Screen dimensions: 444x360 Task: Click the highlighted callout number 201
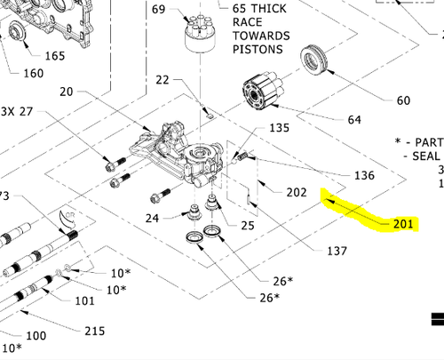(403, 224)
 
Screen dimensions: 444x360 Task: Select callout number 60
(403, 100)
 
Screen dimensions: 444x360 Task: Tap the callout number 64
(354, 120)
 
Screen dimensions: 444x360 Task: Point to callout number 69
(158, 9)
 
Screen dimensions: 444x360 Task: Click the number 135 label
(279, 128)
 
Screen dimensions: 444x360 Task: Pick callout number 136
(364, 175)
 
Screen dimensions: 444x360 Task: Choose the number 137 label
(337, 252)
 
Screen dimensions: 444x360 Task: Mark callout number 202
(297, 193)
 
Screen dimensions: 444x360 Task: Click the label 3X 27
(17, 112)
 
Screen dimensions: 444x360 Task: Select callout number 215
(95, 331)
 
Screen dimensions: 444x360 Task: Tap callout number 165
(55, 56)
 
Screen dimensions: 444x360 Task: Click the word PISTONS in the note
(258, 49)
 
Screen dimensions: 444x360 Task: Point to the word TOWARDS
(261, 36)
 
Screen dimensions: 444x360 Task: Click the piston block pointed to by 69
(201, 34)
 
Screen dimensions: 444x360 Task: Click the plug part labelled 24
(194, 212)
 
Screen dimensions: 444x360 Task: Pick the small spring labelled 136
(242, 156)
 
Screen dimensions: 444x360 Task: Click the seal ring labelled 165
(17, 32)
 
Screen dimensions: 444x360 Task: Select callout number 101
(84, 300)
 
